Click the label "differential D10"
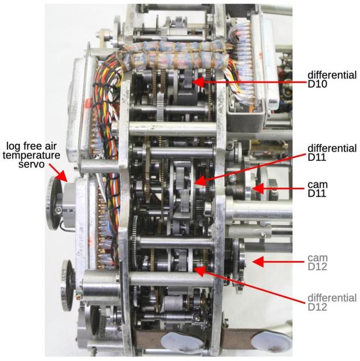(332, 81)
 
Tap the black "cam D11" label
(320, 188)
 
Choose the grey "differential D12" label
(332, 303)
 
